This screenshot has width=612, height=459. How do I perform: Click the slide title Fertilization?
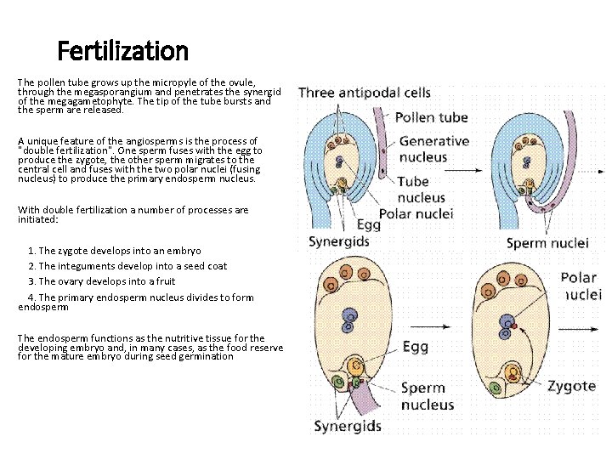(122, 52)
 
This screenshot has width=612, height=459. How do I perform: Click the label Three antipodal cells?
(364, 93)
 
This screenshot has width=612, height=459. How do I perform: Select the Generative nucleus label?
(433, 149)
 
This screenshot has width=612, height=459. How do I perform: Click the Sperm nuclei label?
(547, 243)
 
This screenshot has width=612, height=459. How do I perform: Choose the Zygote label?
(571, 386)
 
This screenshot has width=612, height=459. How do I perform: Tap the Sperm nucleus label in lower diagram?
(422, 396)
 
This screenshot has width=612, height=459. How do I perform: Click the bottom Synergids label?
(348, 426)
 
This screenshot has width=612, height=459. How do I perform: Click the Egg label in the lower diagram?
(415, 347)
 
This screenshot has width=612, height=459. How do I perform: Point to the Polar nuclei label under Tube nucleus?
(416, 212)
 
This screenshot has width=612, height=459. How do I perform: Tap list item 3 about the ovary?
(102, 281)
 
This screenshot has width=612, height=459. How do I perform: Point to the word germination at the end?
(203, 356)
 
